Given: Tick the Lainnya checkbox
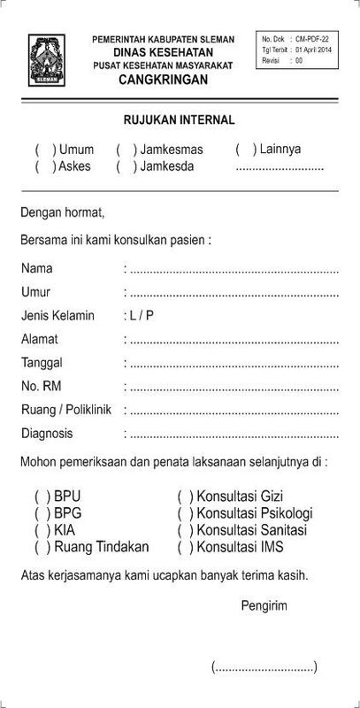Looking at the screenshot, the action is coord(244,149).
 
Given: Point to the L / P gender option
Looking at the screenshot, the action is coord(139,314).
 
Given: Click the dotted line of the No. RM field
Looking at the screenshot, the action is coord(234,387).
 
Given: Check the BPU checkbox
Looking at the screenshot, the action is coord(41,497).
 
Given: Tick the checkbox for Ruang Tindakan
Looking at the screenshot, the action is coord(41,547).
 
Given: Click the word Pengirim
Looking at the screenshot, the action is coord(264,605).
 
